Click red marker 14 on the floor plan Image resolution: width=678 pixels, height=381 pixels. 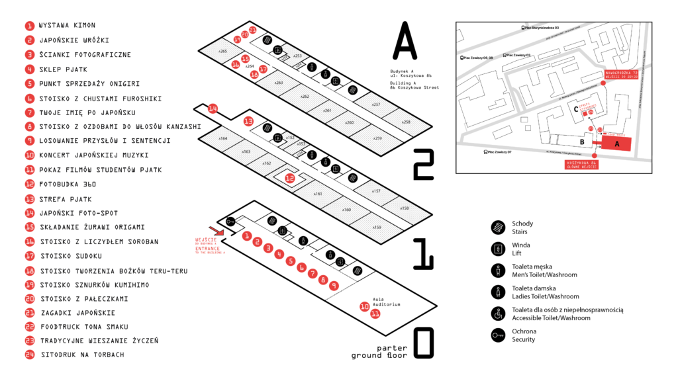point(213,108)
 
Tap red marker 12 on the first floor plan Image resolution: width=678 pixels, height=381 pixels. point(289,178)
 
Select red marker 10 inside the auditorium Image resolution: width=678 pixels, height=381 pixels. point(364,306)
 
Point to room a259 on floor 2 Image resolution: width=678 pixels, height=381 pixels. point(377,138)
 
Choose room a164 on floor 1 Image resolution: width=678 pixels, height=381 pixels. point(222,138)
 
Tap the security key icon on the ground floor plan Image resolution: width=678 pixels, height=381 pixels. point(230,221)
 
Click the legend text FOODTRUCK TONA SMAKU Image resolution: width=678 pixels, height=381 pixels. point(84,327)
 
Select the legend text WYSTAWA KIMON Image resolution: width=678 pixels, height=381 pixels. point(68,26)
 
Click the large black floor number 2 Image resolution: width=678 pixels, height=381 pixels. point(423,165)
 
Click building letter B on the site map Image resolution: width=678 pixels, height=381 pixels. point(581,142)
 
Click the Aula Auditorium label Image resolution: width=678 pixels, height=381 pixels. point(379,301)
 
